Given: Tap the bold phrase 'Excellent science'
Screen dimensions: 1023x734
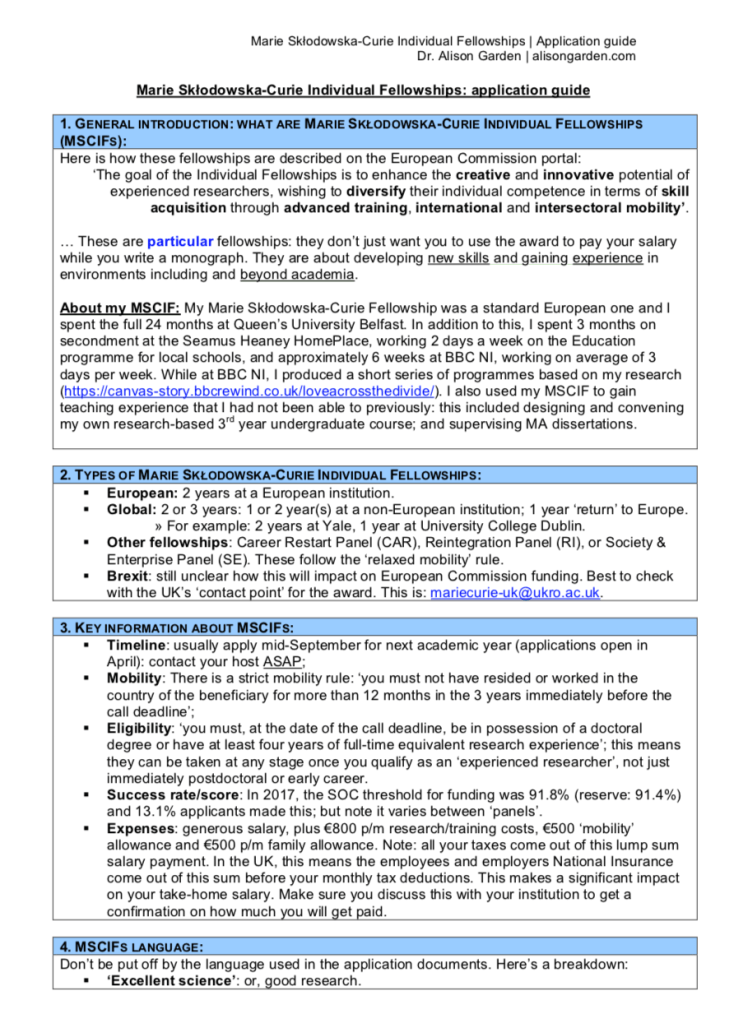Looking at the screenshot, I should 171,981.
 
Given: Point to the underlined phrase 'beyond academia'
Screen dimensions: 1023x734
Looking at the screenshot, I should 297,274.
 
